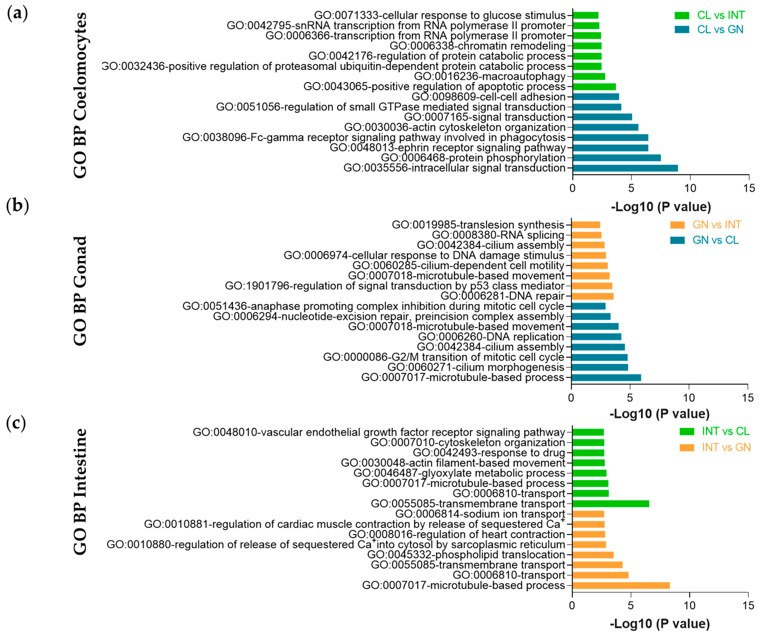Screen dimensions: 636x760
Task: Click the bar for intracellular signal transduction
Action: click(x=625, y=168)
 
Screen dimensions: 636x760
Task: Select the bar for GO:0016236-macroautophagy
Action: click(x=589, y=76)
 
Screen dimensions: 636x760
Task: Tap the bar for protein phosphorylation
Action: click(x=616, y=158)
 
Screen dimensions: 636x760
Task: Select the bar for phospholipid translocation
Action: click(x=593, y=555)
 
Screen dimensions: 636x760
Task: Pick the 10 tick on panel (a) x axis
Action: click(x=690, y=188)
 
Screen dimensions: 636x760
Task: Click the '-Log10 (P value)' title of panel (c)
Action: click(x=659, y=624)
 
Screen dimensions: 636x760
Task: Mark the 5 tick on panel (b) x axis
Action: click(x=630, y=398)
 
